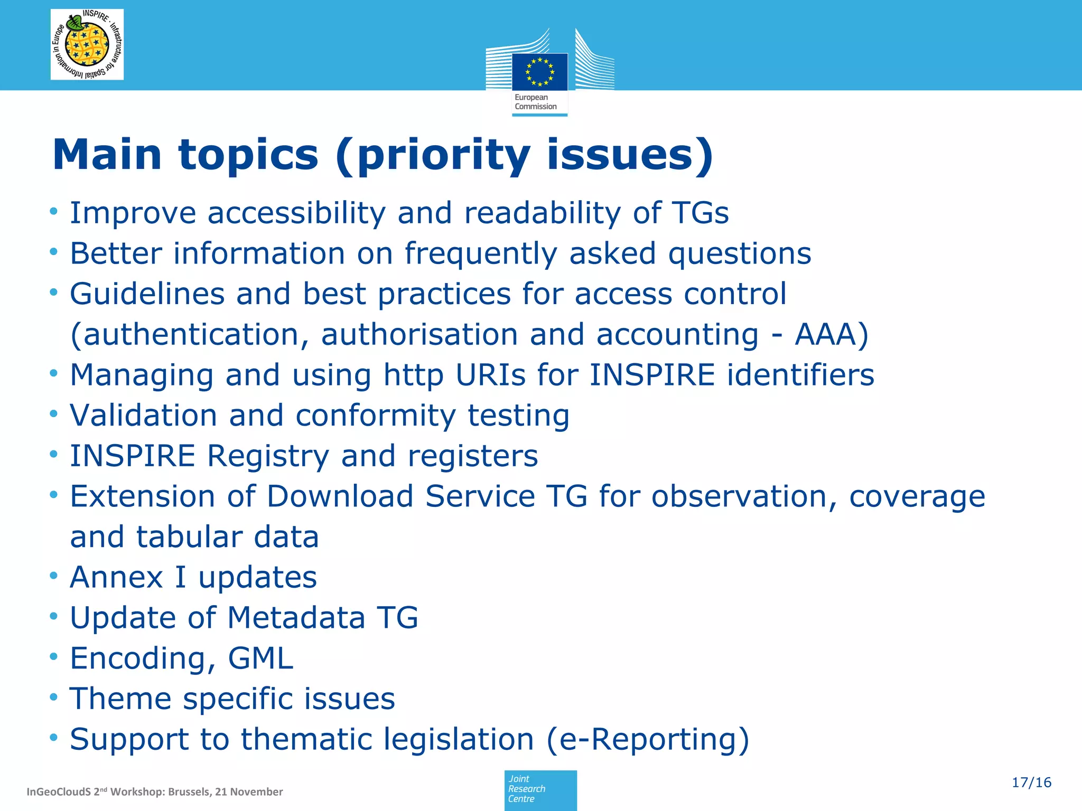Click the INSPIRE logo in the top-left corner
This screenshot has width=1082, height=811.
(87, 45)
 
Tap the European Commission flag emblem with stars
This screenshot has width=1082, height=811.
(539, 72)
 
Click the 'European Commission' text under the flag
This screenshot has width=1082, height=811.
(536, 102)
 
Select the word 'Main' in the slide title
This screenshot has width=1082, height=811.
(107, 155)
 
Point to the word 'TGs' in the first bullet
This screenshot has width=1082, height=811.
(701, 213)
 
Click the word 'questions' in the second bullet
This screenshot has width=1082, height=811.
(740, 254)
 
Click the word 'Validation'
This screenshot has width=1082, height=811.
(143, 416)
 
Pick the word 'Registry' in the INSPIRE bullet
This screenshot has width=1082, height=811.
(268, 457)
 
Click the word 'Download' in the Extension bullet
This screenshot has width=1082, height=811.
(340, 497)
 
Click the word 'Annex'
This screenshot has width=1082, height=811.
(116, 577)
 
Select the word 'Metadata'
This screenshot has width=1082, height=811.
(296, 618)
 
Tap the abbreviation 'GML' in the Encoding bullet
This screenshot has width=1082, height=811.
(260, 658)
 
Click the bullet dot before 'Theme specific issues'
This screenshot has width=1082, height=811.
(53, 698)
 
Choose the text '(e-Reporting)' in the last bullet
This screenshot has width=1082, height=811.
(648, 739)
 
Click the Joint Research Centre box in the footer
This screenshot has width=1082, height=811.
(540, 790)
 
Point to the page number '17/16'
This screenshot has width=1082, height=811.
(1031, 782)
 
